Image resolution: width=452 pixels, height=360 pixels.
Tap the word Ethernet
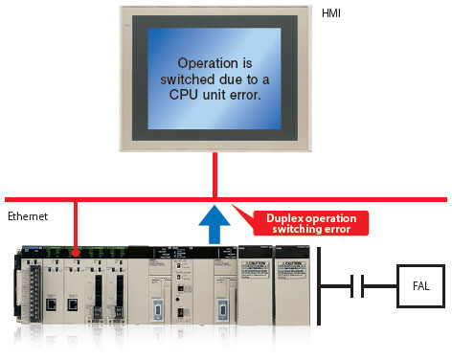[x=27, y=217]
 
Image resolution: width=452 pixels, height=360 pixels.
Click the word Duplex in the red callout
[x=277, y=216]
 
